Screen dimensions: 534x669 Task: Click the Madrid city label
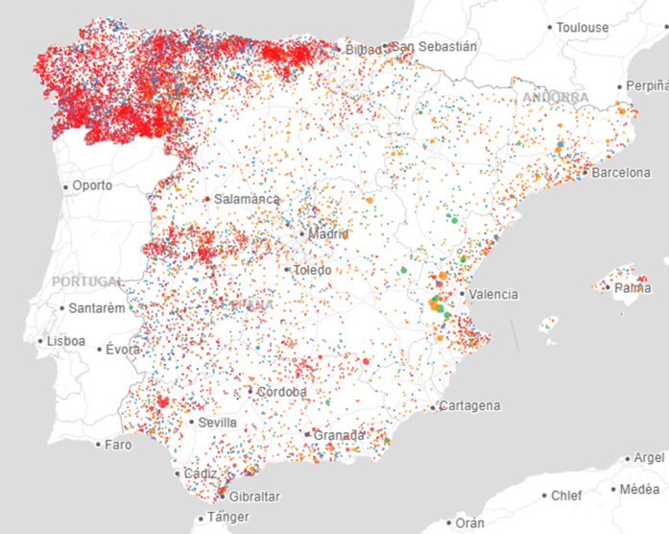click(329, 233)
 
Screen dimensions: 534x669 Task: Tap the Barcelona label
click(621, 173)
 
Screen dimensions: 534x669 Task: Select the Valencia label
click(492, 294)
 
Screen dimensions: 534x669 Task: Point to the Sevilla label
click(217, 422)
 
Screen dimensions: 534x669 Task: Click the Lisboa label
click(65, 341)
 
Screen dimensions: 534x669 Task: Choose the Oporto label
click(92, 185)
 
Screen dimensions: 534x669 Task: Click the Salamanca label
click(248, 199)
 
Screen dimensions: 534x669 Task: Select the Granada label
click(340, 435)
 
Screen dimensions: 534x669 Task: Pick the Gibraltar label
click(254, 496)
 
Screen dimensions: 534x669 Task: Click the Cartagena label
click(470, 406)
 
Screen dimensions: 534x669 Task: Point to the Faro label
click(118, 445)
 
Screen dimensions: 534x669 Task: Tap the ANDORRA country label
click(556, 98)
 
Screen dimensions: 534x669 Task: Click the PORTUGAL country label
click(87, 281)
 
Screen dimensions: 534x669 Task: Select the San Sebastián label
click(434, 45)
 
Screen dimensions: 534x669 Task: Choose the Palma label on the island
click(633, 287)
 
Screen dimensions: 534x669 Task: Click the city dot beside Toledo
click(287, 270)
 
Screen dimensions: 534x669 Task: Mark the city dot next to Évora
click(100, 350)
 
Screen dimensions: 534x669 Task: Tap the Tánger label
click(227, 519)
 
